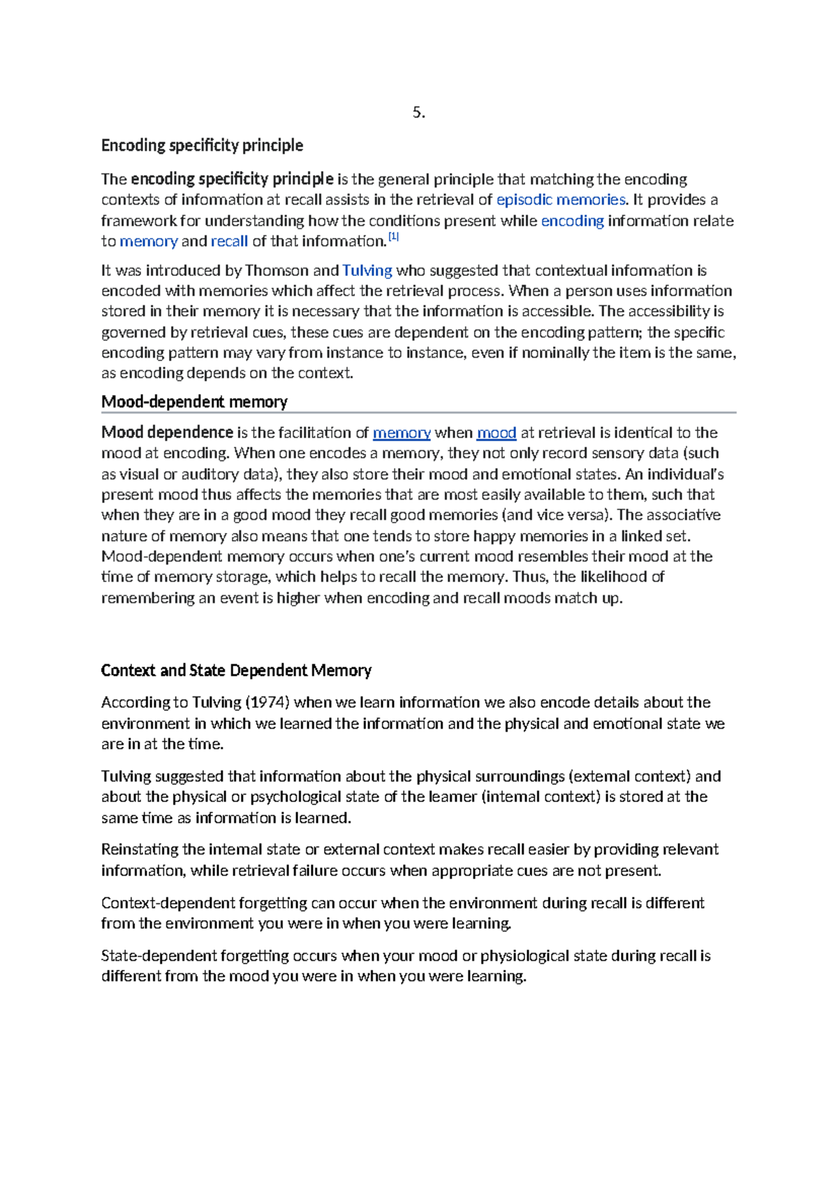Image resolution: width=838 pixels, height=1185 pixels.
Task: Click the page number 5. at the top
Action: point(418,112)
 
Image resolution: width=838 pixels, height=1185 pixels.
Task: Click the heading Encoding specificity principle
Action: point(202,145)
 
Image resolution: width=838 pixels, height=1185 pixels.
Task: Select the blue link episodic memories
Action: point(560,200)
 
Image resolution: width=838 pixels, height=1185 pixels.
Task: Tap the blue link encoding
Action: point(572,221)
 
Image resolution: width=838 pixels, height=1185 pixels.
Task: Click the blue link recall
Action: point(229,242)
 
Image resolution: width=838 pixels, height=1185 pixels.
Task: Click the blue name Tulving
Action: point(367,270)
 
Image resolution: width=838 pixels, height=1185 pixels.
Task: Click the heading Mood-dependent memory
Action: point(194,402)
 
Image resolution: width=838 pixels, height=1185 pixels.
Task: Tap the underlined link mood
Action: point(496,433)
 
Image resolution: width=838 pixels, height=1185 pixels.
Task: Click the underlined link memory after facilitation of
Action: point(402,433)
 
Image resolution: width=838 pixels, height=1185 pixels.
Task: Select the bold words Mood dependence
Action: point(167,432)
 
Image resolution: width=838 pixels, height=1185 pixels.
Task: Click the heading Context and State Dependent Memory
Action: point(236,671)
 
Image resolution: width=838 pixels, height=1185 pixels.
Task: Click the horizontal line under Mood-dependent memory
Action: point(419,413)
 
